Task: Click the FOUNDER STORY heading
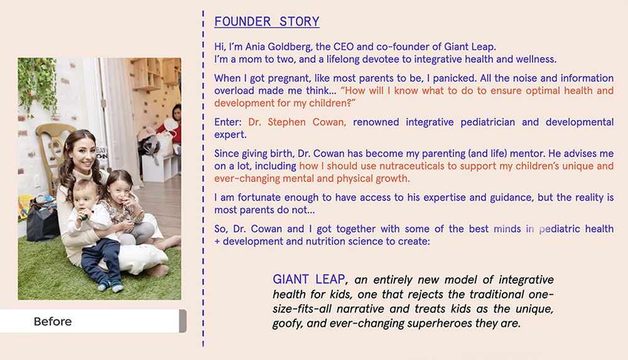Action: coord(267,21)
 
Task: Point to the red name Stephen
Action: coord(286,123)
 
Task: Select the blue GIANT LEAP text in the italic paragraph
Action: coord(309,279)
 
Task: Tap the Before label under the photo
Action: coord(53,322)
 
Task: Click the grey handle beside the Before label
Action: coord(183,320)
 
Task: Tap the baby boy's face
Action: coord(84,197)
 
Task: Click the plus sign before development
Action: coord(217,242)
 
